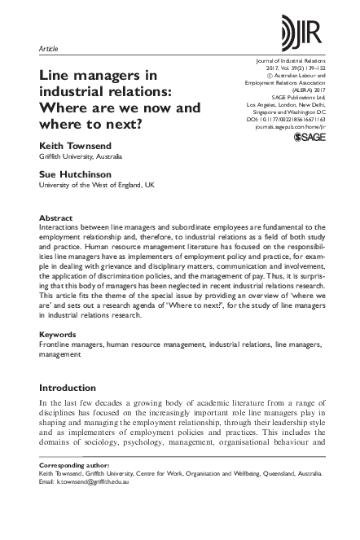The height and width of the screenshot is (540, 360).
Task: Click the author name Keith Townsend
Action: click(76, 144)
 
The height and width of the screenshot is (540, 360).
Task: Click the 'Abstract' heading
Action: click(55, 218)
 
